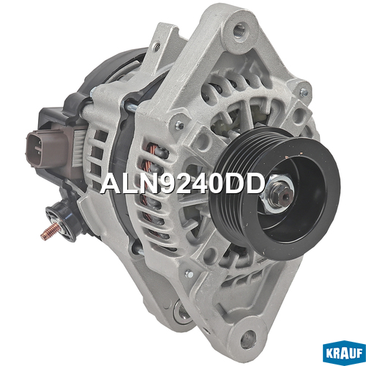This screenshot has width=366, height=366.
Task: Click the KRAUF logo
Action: pos(344,353)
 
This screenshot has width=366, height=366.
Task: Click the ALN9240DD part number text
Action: pos(182,184)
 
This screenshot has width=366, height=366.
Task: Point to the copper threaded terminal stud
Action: pos(51,231)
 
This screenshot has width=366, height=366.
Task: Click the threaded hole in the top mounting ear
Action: pos(239,30)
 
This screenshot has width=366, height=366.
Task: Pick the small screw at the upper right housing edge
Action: pos(303,92)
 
